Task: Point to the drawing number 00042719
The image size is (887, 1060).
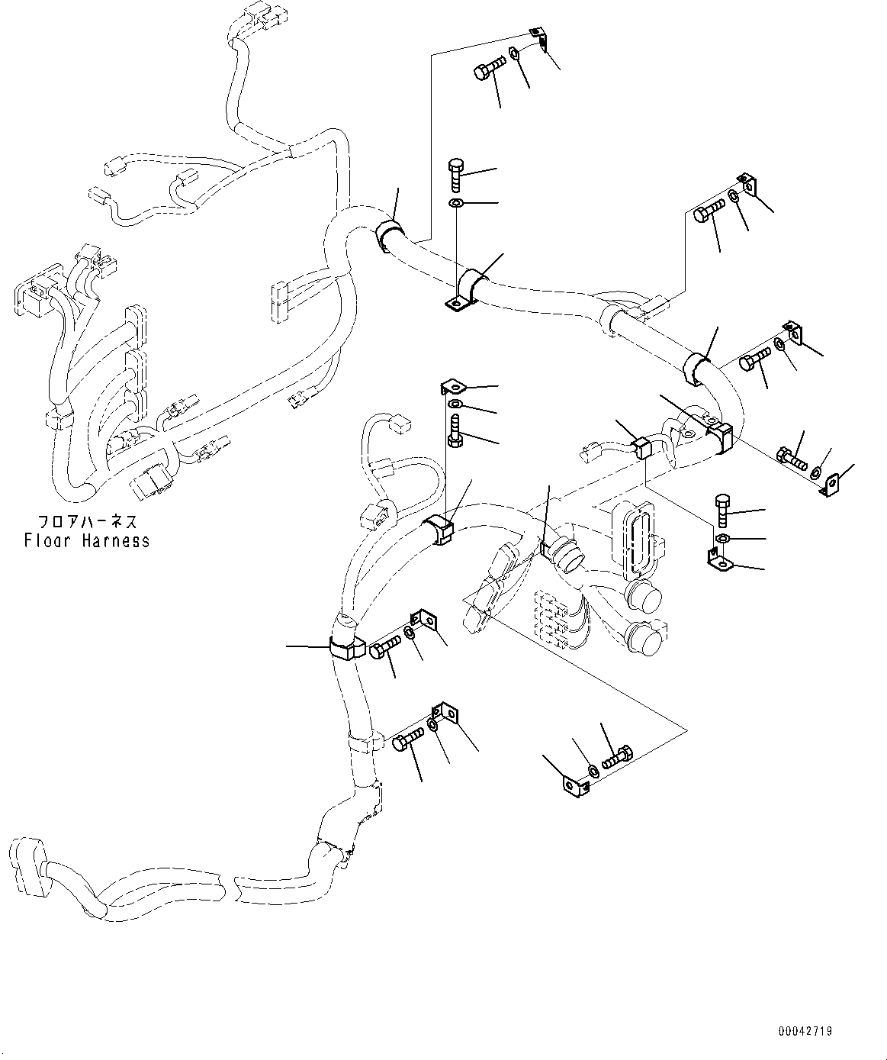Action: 805,1031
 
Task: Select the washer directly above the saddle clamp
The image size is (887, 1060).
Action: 456,205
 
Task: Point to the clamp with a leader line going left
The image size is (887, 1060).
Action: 345,647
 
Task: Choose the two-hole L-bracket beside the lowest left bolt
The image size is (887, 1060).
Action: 445,713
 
